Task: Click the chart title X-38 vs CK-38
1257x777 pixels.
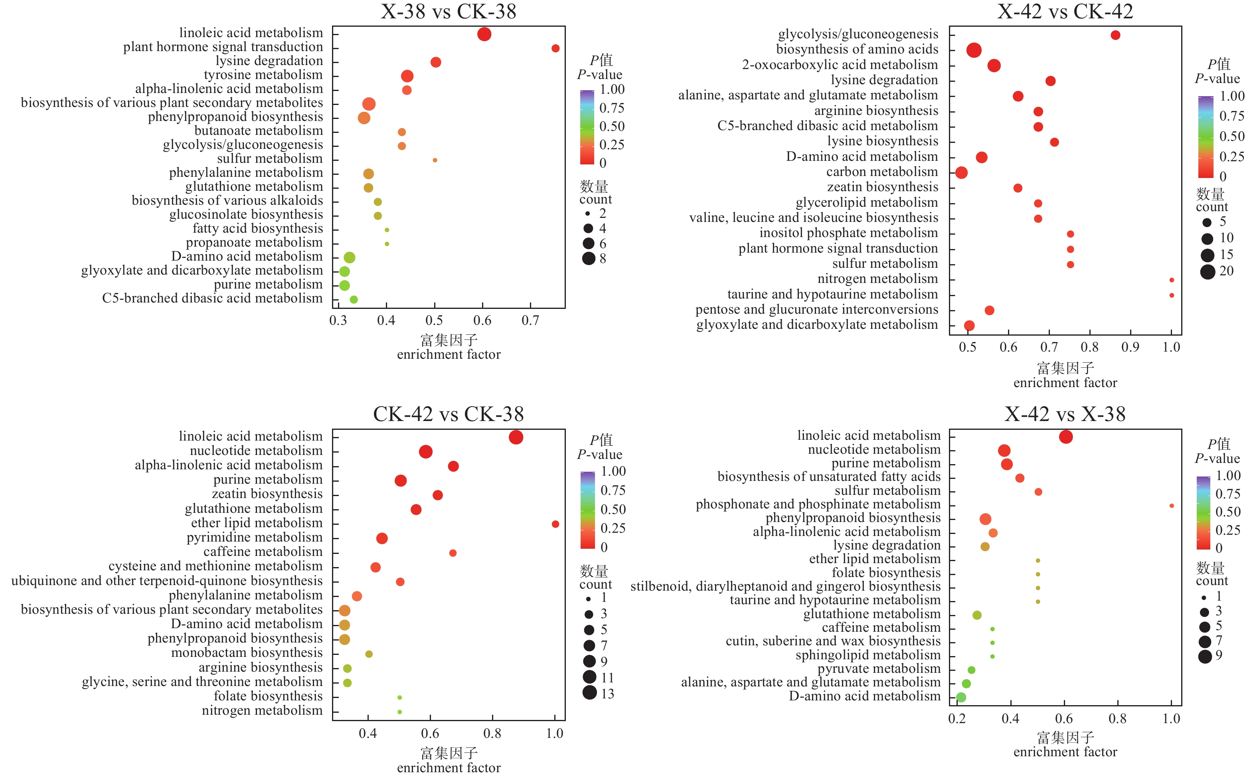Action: click(x=448, y=11)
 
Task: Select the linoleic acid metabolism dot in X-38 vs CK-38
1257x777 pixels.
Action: click(x=484, y=34)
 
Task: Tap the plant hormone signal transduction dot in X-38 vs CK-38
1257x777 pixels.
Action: click(x=555, y=48)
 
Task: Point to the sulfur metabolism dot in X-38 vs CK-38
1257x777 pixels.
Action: click(x=435, y=160)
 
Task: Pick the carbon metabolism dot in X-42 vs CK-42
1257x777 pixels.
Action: click(x=961, y=173)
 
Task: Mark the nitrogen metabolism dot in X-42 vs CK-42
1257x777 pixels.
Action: click(x=1171, y=280)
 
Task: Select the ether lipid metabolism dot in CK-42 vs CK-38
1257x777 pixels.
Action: click(x=555, y=524)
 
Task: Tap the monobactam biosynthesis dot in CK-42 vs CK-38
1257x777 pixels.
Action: click(x=369, y=654)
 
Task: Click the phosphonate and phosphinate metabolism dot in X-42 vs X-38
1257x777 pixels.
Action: click(x=1171, y=506)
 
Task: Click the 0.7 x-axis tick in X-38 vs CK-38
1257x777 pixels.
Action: click(x=530, y=321)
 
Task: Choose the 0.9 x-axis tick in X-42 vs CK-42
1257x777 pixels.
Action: click(x=1130, y=347)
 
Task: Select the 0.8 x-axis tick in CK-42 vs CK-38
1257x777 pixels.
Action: click(x=492, y=734)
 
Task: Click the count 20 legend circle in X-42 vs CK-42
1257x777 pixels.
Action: click(x=1208, y=272)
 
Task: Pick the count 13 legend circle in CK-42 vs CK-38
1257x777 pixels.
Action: click(x=590, y=693)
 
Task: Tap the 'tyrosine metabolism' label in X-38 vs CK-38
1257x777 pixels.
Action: click(x=263, y=75)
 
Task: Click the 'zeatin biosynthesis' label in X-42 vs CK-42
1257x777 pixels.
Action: click(x=882, y=187)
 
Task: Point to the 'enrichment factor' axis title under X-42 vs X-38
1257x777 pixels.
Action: click(x=1065, y=752)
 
